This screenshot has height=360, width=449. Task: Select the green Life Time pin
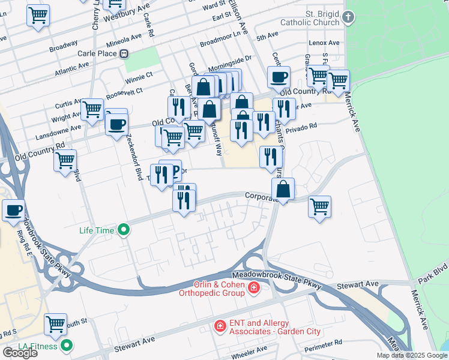tap(124, 229)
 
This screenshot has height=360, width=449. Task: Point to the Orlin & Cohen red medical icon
tap(254, 289)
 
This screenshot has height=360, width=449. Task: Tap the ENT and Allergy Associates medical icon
tap(220, 326)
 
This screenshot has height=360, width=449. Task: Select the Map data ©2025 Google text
tap(412, 355)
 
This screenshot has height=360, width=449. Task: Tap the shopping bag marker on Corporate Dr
tap(283, 189)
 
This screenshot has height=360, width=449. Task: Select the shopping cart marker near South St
tap(56, 325)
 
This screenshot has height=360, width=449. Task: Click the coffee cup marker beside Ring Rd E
tap(13, 211)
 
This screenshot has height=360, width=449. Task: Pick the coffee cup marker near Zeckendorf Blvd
tap(116, 125)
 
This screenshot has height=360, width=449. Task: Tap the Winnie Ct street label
tap(139, 77)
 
